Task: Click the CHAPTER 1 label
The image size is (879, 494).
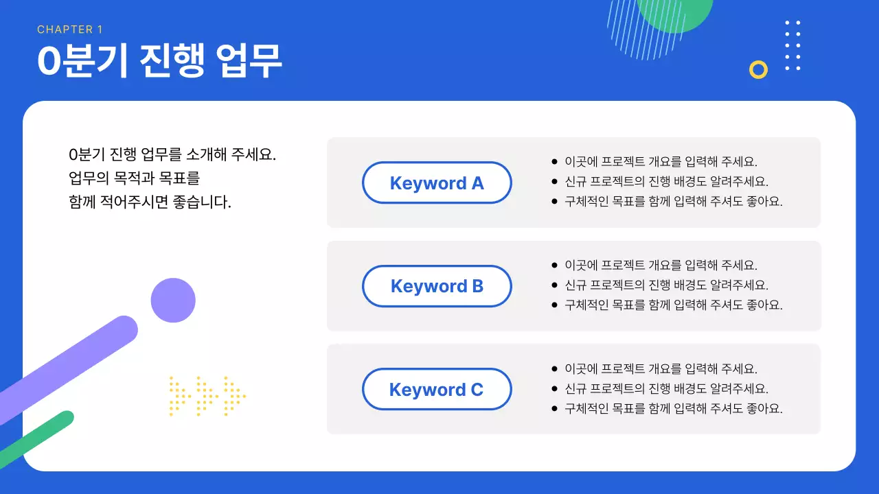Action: tap(69, 30)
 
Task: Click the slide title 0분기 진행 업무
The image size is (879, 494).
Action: tap(159, 61)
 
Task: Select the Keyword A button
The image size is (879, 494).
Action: tap(437, 183)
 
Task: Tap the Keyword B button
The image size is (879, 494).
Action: tap(437, 286)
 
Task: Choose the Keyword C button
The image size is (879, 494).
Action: tap(437, 390)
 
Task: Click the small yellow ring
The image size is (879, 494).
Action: tap(758, 69)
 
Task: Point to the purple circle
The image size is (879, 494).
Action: tap(173, 301)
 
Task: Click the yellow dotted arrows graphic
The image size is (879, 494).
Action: tap(207, 396)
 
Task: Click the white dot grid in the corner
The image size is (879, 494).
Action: tap(792, 45)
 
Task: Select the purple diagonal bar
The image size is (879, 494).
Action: tap(69, 368)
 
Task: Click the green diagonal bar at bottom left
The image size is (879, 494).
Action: tap(38, 436)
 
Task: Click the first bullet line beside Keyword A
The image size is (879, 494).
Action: tap(660, 163)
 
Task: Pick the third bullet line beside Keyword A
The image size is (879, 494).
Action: tap(673, 202)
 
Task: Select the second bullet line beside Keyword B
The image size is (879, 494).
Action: tap(666, 285)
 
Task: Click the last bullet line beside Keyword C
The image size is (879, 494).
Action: tap(673, 409)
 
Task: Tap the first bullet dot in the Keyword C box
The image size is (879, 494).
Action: tap(555, 369)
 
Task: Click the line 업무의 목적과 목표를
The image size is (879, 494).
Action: tap(134, 179)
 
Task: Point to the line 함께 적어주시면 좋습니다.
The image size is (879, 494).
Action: tap(150, 203)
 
